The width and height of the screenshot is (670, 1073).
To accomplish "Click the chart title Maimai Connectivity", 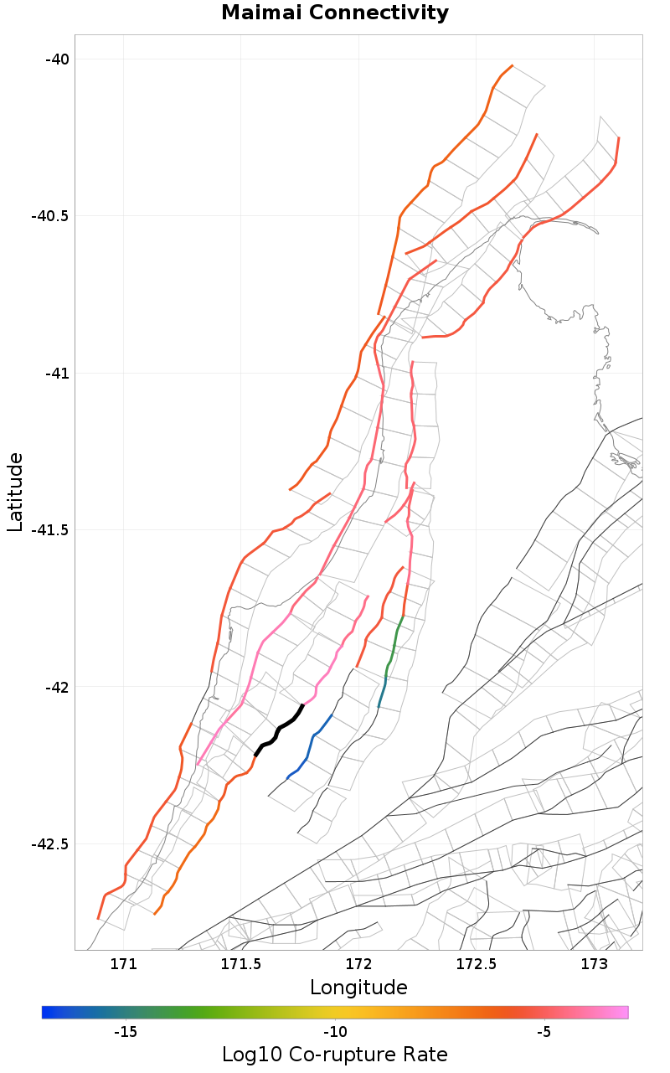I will click(335, 13).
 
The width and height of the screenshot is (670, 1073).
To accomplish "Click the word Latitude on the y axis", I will click(15, 492).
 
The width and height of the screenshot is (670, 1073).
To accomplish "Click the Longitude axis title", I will click(358, 988).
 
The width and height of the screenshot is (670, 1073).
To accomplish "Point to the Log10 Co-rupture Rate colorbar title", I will click(335, 1055).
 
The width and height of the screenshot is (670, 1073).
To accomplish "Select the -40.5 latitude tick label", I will click(48, 216).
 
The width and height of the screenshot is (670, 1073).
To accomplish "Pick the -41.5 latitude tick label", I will click(48, 530).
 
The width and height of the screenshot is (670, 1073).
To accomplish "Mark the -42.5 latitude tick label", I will click(48, 844).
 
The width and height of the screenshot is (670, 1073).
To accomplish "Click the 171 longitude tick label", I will click(123, 963).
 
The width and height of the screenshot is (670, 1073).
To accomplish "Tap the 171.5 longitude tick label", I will click(241, 963).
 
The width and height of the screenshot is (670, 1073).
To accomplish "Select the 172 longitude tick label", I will click(358, 963).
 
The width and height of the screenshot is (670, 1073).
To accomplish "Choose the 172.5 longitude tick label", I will click(477, 963).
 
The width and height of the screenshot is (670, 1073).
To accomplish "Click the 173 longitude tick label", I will click(594, 963).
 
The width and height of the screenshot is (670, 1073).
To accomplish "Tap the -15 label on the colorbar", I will click(126, 1031).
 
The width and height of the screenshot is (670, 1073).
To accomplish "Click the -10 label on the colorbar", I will click(335, 1031).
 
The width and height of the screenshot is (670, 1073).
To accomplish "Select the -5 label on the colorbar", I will click(544, 1031).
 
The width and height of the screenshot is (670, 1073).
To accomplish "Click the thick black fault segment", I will click(279, 730).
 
